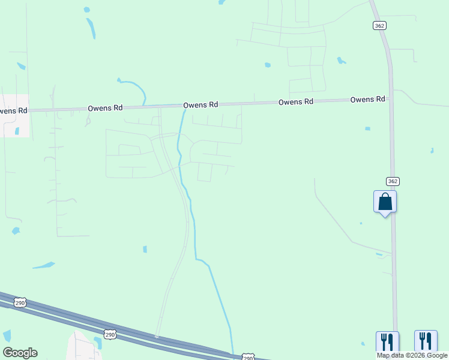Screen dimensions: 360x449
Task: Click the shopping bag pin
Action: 385,202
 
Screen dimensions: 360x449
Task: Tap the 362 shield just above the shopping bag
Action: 392,181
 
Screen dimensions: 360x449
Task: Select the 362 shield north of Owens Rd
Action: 379,25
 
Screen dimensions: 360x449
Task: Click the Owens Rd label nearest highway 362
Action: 367,100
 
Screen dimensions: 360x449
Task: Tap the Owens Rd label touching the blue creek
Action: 200,105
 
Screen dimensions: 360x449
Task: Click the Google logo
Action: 20,353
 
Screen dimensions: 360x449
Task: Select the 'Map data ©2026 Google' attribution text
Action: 412,355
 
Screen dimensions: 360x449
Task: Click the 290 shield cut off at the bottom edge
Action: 248,357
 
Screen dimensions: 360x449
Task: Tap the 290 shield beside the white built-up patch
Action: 109,333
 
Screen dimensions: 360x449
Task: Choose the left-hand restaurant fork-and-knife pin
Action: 387,342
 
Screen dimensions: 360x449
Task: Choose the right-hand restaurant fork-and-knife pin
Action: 426,342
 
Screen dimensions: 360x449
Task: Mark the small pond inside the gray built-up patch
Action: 17,130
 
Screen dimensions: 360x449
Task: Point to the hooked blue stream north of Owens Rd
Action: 135,88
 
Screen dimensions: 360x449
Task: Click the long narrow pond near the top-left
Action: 91,27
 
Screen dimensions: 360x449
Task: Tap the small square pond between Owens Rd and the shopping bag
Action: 367,128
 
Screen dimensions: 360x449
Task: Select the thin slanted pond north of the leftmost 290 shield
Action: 44,265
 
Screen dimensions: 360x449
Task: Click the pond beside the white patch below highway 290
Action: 97,343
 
